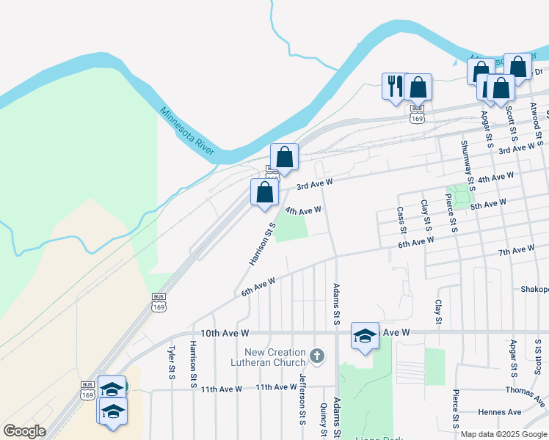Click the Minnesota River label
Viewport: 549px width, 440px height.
pyautogui.click(x=187, y=131)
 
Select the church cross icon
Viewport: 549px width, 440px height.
pyautogui.click(x=317, y=356)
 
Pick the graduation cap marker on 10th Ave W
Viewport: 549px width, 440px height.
pyautogui.click(x=365, y=336)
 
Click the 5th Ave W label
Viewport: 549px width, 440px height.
pyautogui.click(x=488, y=205)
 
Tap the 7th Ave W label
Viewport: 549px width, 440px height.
pyautogui.click(x=515, y=252)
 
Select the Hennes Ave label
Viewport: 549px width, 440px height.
pyautogui.click(x=498, y=413)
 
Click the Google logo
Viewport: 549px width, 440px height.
pyautogui.click(x=24, y=431)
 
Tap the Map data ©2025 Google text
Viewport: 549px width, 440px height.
pyautogui.click(x=503, y=434)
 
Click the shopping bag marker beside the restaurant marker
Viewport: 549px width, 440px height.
pyautogui.click(x=418, y=88)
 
